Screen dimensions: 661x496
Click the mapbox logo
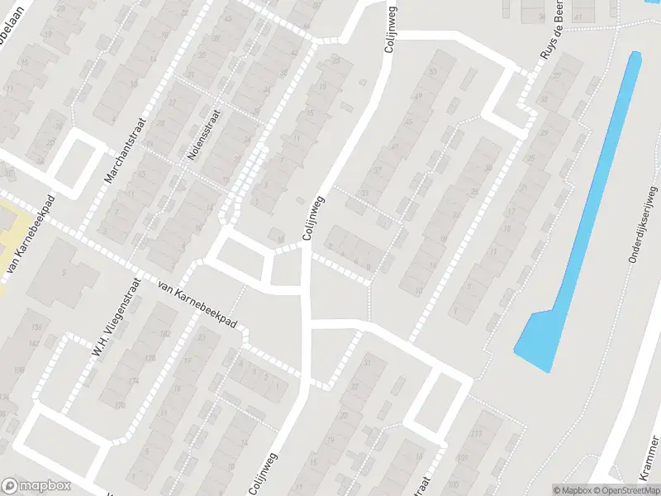pos(36,485)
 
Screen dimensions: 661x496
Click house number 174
pos(134,381)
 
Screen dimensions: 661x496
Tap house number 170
pos(120,406)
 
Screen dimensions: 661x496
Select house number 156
pos(36,328)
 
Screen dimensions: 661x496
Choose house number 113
pos(475,434)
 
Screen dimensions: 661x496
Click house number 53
pos(432,72)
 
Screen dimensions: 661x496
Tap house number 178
pos(149,358)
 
